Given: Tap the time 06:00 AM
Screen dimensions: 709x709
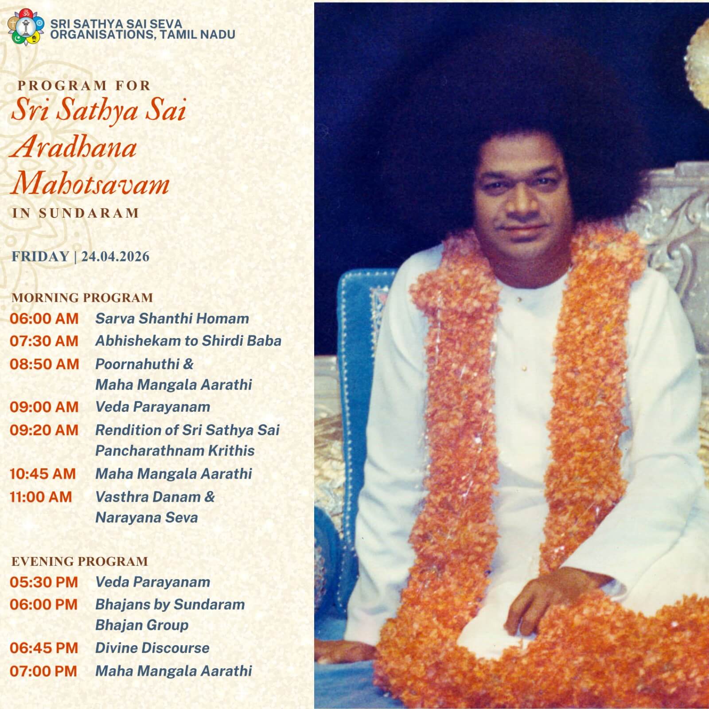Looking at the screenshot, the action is click(44, 319).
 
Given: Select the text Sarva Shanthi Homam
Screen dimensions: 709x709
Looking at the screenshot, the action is click(172, 318).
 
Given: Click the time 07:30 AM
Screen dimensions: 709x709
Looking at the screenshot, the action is click(44, 341).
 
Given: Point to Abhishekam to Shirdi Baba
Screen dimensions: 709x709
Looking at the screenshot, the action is click(188, 341).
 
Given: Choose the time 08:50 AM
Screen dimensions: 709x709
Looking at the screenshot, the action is click(44, 364).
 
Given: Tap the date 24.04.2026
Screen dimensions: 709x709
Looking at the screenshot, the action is click(115, 257).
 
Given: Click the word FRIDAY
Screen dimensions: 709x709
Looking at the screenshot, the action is click(40, 257).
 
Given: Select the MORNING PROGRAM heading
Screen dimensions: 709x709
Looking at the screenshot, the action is click(82, 297).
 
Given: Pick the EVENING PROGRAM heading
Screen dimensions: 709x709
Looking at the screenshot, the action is click(80, 561).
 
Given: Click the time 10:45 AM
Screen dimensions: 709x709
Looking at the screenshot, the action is click(43, 474).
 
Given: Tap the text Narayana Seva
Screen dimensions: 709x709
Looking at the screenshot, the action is click(146, 518).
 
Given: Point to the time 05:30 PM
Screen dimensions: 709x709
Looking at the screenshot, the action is click(44, 582).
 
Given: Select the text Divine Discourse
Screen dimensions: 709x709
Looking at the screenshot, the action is click(152, 648).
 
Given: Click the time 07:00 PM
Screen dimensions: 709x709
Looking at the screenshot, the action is click(43, 671).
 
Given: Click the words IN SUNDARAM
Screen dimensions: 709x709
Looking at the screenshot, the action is click(76, 213).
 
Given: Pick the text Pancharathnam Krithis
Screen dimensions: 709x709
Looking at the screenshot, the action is click(175, 451).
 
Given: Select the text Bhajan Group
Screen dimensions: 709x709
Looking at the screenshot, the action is click(142, 625).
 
